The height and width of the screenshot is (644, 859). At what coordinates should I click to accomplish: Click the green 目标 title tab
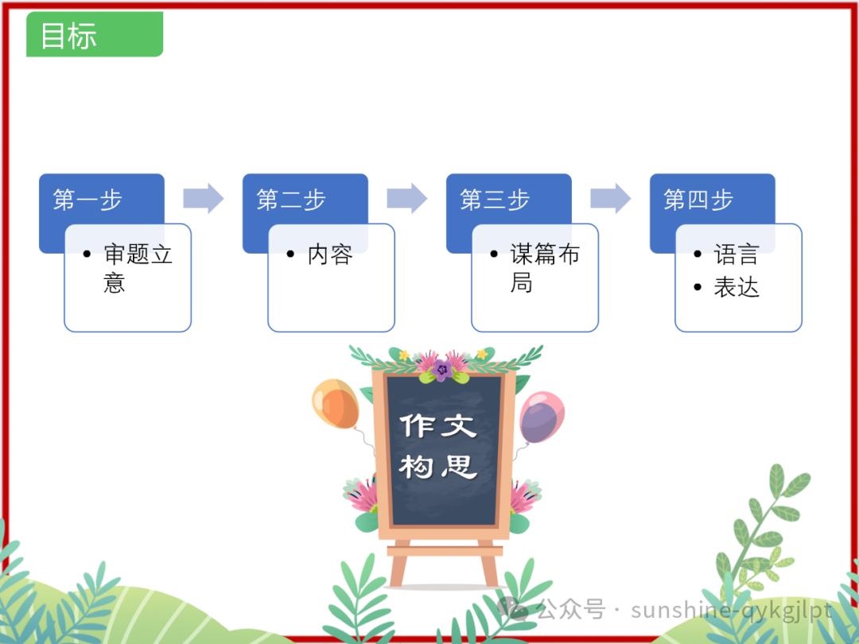[94, 35]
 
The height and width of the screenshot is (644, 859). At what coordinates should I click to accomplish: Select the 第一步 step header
[88, 200]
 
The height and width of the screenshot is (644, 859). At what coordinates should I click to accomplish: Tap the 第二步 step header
[292, 200]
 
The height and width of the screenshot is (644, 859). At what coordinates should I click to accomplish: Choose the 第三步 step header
[496, 200]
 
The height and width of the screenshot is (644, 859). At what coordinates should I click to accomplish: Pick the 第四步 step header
[699, 200]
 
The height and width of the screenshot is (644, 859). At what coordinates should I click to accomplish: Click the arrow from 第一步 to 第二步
[204, 199]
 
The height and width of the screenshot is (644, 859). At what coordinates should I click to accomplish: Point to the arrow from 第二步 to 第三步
[407, 199]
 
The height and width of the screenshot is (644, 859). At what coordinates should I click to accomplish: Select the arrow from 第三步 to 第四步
[611, 199]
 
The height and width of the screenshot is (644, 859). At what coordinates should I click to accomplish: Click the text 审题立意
[137, 268]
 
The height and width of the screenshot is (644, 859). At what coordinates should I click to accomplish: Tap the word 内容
[330, 255]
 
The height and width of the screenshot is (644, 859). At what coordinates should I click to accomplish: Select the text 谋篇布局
[544, 268]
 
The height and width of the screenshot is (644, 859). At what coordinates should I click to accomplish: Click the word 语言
[737, 255]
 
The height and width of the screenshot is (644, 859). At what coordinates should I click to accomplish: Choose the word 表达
[737, 288]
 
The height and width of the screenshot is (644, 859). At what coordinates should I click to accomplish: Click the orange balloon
[336, 404]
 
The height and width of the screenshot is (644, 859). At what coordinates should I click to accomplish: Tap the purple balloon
[542, 418]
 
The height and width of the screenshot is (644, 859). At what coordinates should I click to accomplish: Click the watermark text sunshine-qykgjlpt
[732, 611]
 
